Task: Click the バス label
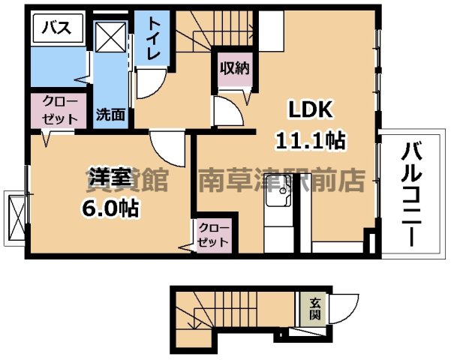click(56, 28)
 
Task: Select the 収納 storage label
click(233, 68)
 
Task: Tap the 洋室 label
click(110, 178)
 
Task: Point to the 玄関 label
click(315, 307)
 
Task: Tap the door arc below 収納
click(227, 112)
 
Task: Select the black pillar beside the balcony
click(369, 244)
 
